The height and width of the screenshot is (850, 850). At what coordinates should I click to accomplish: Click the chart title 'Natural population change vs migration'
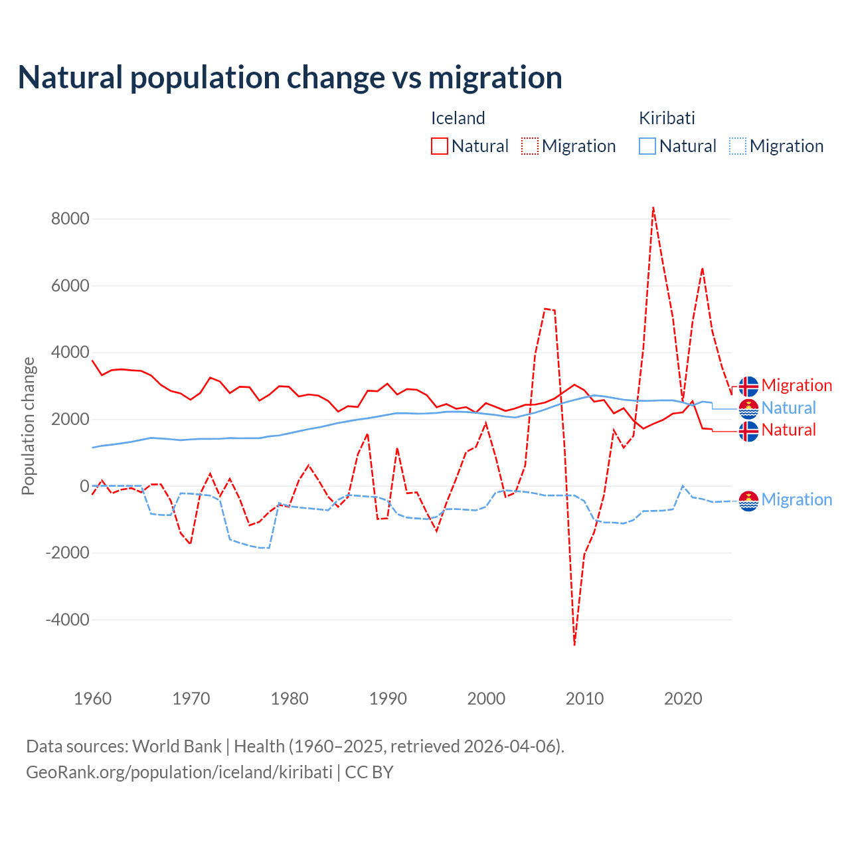coord(290,77)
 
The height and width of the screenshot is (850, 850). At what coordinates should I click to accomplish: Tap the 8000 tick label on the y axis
coord(70,218)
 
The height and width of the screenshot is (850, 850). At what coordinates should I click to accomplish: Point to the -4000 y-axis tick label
coord(68,620)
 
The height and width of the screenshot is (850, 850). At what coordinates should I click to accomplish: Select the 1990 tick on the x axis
coord(388,699)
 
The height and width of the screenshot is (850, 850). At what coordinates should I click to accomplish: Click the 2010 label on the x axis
coord(584,699)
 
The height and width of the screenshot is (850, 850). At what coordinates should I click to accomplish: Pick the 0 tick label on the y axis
coord(84,485)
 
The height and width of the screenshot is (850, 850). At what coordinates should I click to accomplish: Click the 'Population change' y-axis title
coord(28,426)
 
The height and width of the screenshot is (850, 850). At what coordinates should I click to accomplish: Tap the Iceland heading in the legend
coord(458,118)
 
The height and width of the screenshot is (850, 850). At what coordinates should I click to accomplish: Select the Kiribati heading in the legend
coord(667,118)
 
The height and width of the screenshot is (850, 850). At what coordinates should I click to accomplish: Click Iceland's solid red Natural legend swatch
coord(440,146)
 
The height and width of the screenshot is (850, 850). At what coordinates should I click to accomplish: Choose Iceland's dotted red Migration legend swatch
coord(530,146)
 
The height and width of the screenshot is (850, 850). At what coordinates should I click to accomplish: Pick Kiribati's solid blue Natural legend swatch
coord(647,146)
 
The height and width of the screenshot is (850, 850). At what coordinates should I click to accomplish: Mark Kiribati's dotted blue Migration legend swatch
coord(738,146)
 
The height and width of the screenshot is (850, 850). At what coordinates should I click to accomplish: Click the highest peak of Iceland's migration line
coord(653,208)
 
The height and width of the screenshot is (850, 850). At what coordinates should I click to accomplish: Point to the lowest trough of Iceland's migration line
coord(574,644)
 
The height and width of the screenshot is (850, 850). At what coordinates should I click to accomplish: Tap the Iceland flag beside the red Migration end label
coord(748,386)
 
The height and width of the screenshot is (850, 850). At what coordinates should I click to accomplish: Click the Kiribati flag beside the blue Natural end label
coord(748,408)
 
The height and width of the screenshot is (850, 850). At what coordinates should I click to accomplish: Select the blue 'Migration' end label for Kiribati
coord(796,499)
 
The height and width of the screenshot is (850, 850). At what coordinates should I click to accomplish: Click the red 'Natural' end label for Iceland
coord(788,430)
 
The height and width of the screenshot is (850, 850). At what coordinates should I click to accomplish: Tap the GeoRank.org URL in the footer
coord(179,772)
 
